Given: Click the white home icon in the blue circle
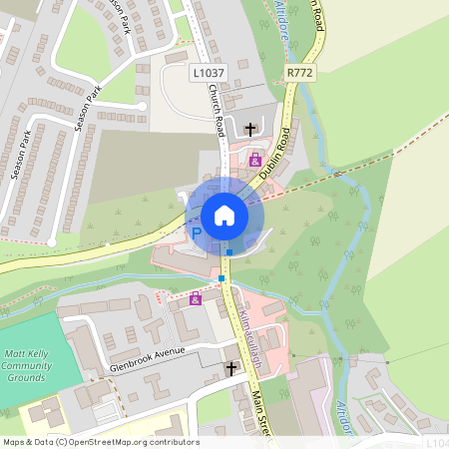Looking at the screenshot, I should (x=224, y=216).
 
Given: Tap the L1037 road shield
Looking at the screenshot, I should (x=208, y=72).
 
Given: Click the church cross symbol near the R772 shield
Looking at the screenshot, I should (x=249, y=129).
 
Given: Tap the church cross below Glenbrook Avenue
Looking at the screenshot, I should (x=231, y=368).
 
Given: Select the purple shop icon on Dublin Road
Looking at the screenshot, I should (x=255, y=161).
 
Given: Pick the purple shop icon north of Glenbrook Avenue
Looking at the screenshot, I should (x=195, y=297).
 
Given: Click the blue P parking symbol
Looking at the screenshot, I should (x=197, y=233).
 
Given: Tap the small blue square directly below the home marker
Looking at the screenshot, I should (x=229, y=252).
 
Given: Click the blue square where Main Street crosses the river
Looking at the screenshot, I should (x=222, y=277).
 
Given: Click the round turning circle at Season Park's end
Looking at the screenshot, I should (x=143, y=105).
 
